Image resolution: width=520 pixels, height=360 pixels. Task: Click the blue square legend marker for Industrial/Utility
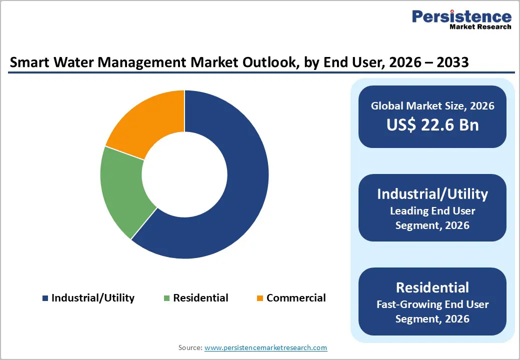pyautogui.click(x=45, y=298)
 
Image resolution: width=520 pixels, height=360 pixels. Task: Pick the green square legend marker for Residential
pyautogui.click(x=167, y=298)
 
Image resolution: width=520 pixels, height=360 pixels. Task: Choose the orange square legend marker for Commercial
pyautogui.click(x=260, y=298)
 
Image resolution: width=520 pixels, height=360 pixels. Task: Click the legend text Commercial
pyautogui.click(x=296, y=298)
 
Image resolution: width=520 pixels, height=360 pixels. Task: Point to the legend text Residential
pyautogui.click(x=200, y=298)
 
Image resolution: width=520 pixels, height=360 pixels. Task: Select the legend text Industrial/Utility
pyautogui.click(x=93, y=298)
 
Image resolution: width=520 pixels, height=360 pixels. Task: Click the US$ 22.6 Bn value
pyautogui.click(x=432, y=124)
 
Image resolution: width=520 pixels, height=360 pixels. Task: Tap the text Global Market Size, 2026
pyautogui.click(x=432, y=105)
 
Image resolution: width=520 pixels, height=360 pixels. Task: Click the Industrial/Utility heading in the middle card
pyautogui.click(x=432, y=194)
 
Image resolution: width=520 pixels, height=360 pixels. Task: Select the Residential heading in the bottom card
pyautogui.click(x=432, y=287)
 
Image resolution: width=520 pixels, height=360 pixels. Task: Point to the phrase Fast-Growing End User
pyautogui.click(x=432, y=304)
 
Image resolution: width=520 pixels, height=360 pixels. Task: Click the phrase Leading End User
pyautogui.click(x=432, y=210)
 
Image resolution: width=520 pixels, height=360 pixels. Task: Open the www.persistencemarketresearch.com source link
pyautogui.click(x=265, y=347)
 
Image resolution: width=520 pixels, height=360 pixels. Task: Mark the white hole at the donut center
pyautogui.click(x=184, y=174)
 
